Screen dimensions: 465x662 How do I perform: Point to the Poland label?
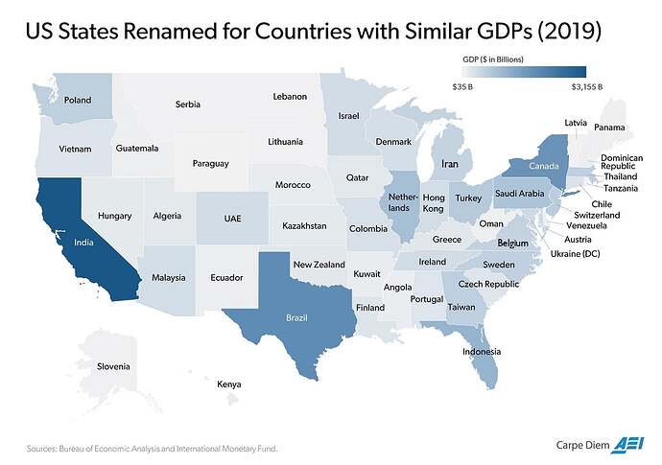77,100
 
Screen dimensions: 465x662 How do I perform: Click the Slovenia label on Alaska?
113,367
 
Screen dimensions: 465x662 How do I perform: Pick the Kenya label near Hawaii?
228,384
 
